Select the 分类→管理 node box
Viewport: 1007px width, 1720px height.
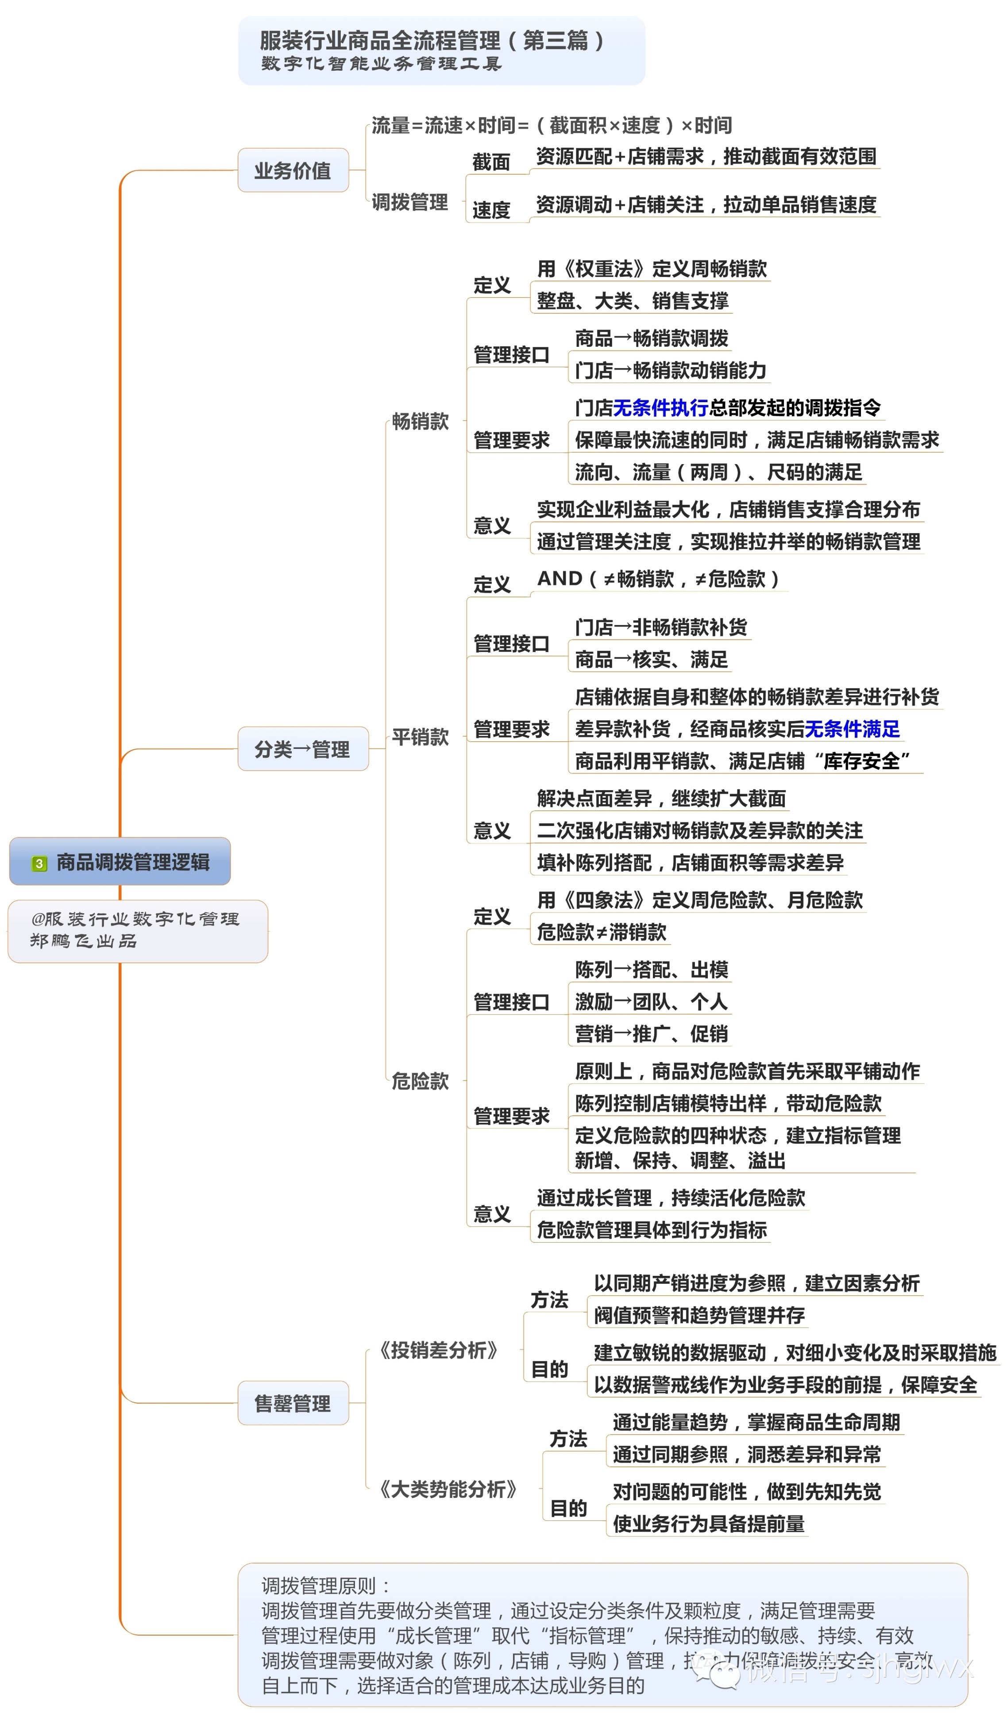(x=302, y=749)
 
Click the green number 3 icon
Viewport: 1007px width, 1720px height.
(x=39, y=864)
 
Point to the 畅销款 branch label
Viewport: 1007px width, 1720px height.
(x=420, y=422)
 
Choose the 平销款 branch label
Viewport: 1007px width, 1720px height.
(x=420, y=737)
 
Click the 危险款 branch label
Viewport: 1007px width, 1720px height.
(x=420, y=1080)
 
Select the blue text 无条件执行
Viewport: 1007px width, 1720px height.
(x=660, y=407)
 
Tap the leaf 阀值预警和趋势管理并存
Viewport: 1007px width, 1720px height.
(x=699, y=1315)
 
